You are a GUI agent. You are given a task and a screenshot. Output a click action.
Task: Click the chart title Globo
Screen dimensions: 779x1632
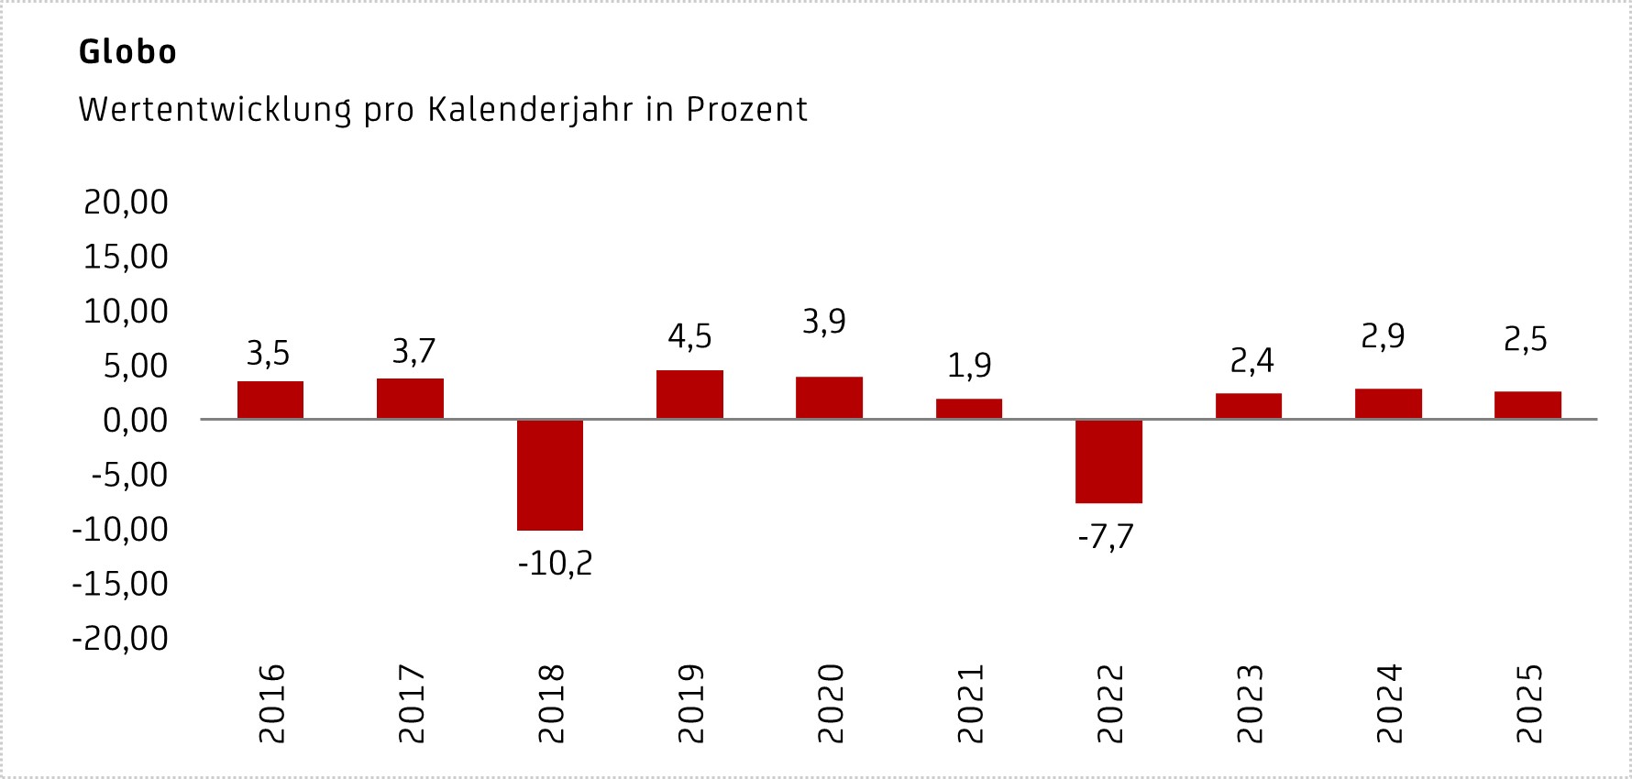tap(127, 52)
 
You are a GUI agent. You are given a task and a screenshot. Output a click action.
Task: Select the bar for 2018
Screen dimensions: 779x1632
tap(550, 475)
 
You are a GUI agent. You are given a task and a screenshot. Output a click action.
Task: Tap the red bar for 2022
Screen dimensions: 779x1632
tap(1108, 461)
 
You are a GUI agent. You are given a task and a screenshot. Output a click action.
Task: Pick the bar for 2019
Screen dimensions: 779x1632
tap(689, 395)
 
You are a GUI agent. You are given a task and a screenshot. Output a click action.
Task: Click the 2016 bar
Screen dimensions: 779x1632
tap(270, 400)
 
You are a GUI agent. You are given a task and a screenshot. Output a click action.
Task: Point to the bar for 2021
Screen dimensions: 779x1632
tap(969, 409)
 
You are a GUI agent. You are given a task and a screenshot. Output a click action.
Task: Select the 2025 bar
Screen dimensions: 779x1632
tap(1527, 405)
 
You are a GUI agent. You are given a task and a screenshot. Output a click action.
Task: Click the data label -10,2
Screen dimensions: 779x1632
tap(556, 564)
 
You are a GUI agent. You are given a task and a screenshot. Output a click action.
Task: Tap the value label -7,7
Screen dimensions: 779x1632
tap(1106, 537)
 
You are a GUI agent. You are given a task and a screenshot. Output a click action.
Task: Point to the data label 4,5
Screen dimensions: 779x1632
tap(689, 337)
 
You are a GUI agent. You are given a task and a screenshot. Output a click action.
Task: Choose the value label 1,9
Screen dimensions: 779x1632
tap(969, 366)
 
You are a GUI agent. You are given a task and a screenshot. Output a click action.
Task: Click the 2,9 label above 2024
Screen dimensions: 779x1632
tap(1383, 337)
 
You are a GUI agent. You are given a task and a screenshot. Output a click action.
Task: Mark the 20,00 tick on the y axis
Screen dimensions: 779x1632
tap(127, 202)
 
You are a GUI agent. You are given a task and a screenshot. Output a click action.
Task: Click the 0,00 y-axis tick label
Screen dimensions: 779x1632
tap(136, 421)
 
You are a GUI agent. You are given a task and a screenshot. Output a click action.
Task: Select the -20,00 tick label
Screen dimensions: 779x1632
tap(121, 639)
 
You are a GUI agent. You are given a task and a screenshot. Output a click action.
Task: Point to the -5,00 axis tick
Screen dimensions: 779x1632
tap(130, 475)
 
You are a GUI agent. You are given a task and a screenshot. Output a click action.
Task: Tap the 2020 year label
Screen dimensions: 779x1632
tap(830, 704)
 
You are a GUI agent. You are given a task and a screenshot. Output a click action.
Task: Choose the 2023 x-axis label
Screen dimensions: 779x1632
tap(1249, 704)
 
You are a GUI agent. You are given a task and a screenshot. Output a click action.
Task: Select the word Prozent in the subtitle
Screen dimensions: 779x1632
tap(746, 110)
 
